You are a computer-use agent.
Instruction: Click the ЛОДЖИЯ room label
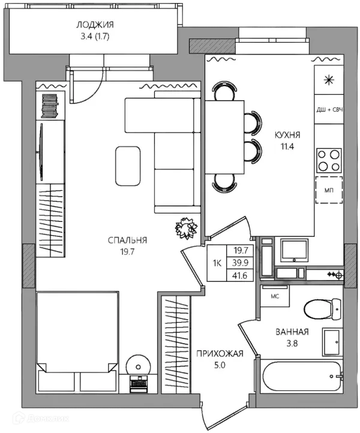tap(95, 25)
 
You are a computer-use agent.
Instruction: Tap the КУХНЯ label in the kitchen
tap(287, 135)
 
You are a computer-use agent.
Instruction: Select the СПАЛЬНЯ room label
tap(127, 240)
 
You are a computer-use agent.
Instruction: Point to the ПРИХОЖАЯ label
tap(220, 353)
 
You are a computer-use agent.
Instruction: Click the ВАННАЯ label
tap(292, 332)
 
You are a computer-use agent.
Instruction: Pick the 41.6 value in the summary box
tap(240, 275)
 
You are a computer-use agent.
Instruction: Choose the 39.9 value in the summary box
tap(240, 263)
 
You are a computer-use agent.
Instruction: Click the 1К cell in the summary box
tap(217, 263)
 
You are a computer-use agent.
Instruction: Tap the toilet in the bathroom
tap(322, 309)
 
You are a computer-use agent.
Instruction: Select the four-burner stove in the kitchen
tap(329, 161)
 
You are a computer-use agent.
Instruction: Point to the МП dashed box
tap(329, 190)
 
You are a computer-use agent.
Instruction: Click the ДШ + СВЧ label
tap(329, 110)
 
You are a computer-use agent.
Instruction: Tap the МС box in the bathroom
tap(275, 296)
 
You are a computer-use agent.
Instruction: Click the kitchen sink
tap(294, 250)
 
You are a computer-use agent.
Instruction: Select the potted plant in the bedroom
tap(187, 228)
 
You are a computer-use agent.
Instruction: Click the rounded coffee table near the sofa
tap(128, 166)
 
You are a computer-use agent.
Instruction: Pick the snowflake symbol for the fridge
tap(329, 80)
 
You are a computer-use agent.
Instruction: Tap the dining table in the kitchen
tap(224, 137)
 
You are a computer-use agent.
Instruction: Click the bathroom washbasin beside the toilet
tap(332, 342)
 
